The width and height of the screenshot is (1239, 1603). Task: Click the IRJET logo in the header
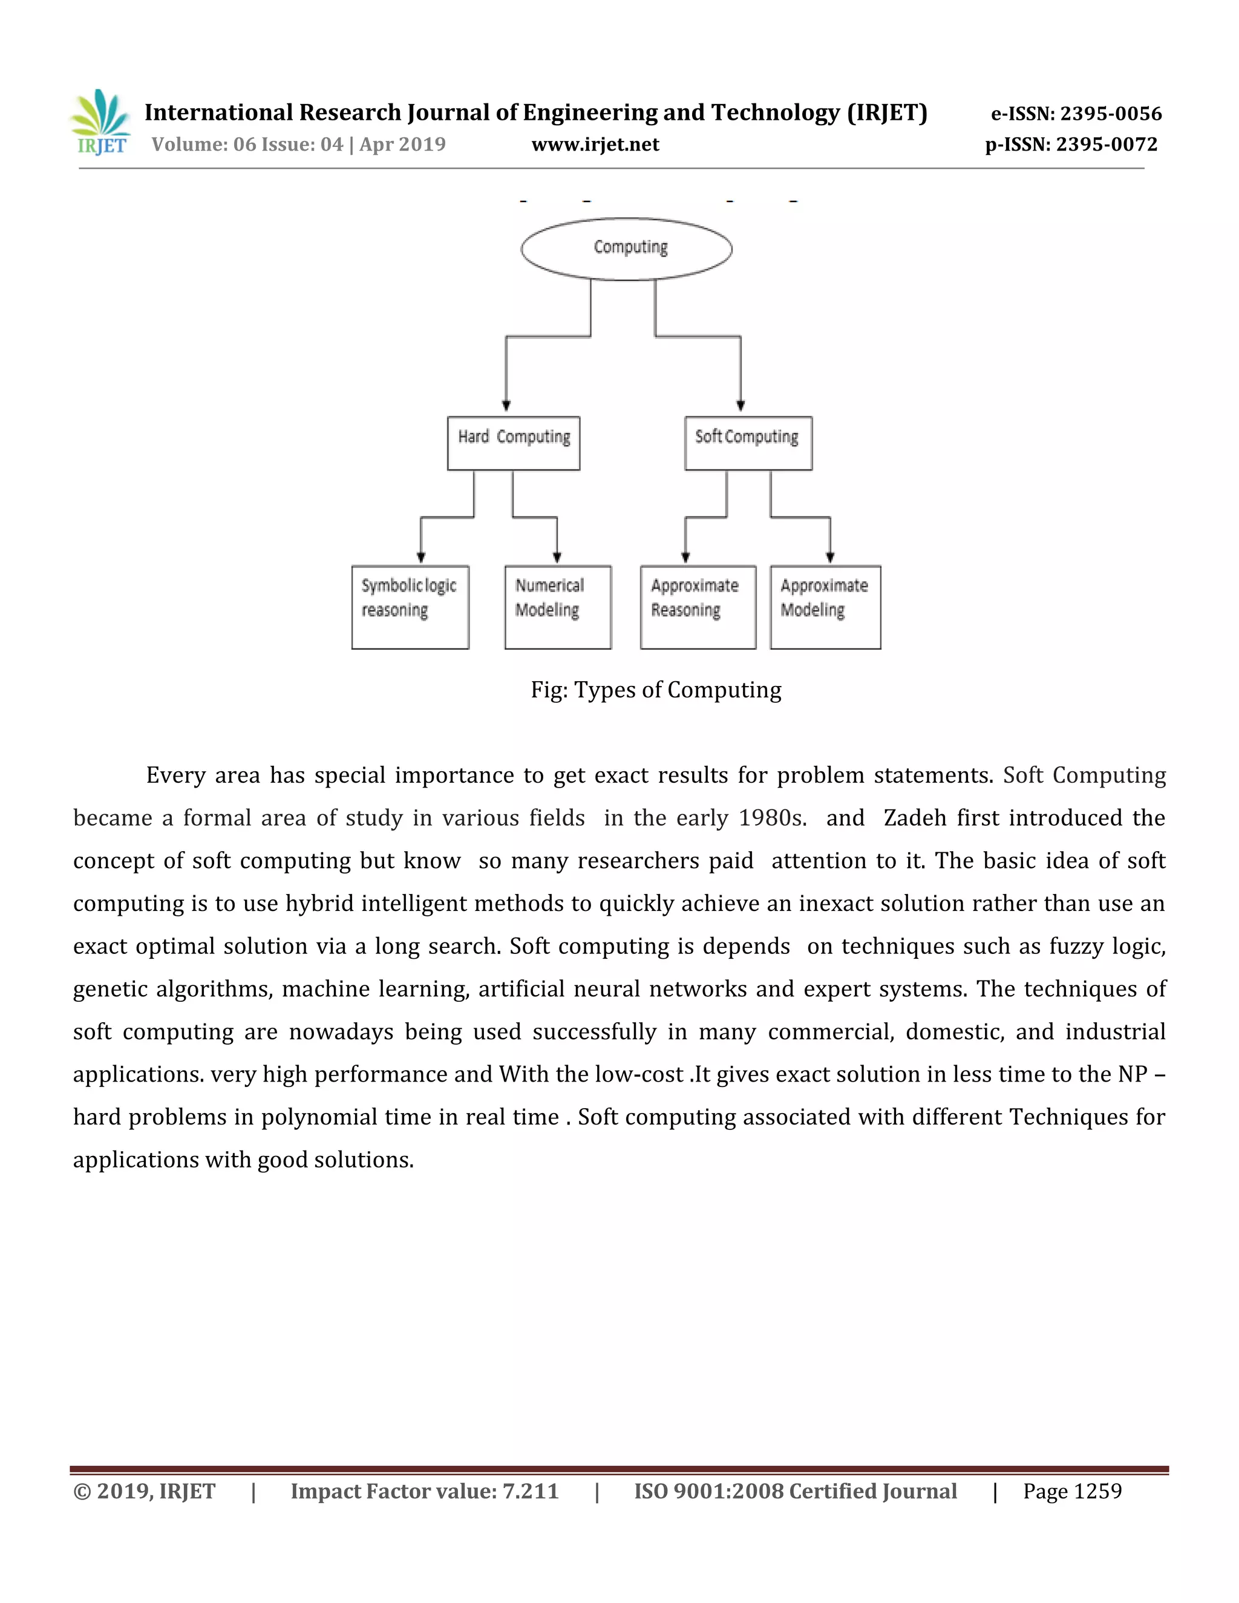click(x=100, y=123)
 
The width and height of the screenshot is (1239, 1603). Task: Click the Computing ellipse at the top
click(x=627, y=249)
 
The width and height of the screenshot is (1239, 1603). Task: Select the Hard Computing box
click(x=513, y=443)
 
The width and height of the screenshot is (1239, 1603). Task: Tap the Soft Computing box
click(x=748, y=443)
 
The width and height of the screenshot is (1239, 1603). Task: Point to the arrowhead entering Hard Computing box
click(x=506, y=406)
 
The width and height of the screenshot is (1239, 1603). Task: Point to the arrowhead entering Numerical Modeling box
click(x=557, y=558)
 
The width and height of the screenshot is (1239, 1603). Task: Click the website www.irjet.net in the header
click(x=595, y=145)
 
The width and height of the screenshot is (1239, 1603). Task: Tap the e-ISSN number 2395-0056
click(x=1111, y=114)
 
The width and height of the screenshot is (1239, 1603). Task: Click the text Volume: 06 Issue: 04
click(x=247, y=145)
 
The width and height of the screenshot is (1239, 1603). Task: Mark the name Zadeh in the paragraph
click(x=915, y=818)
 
